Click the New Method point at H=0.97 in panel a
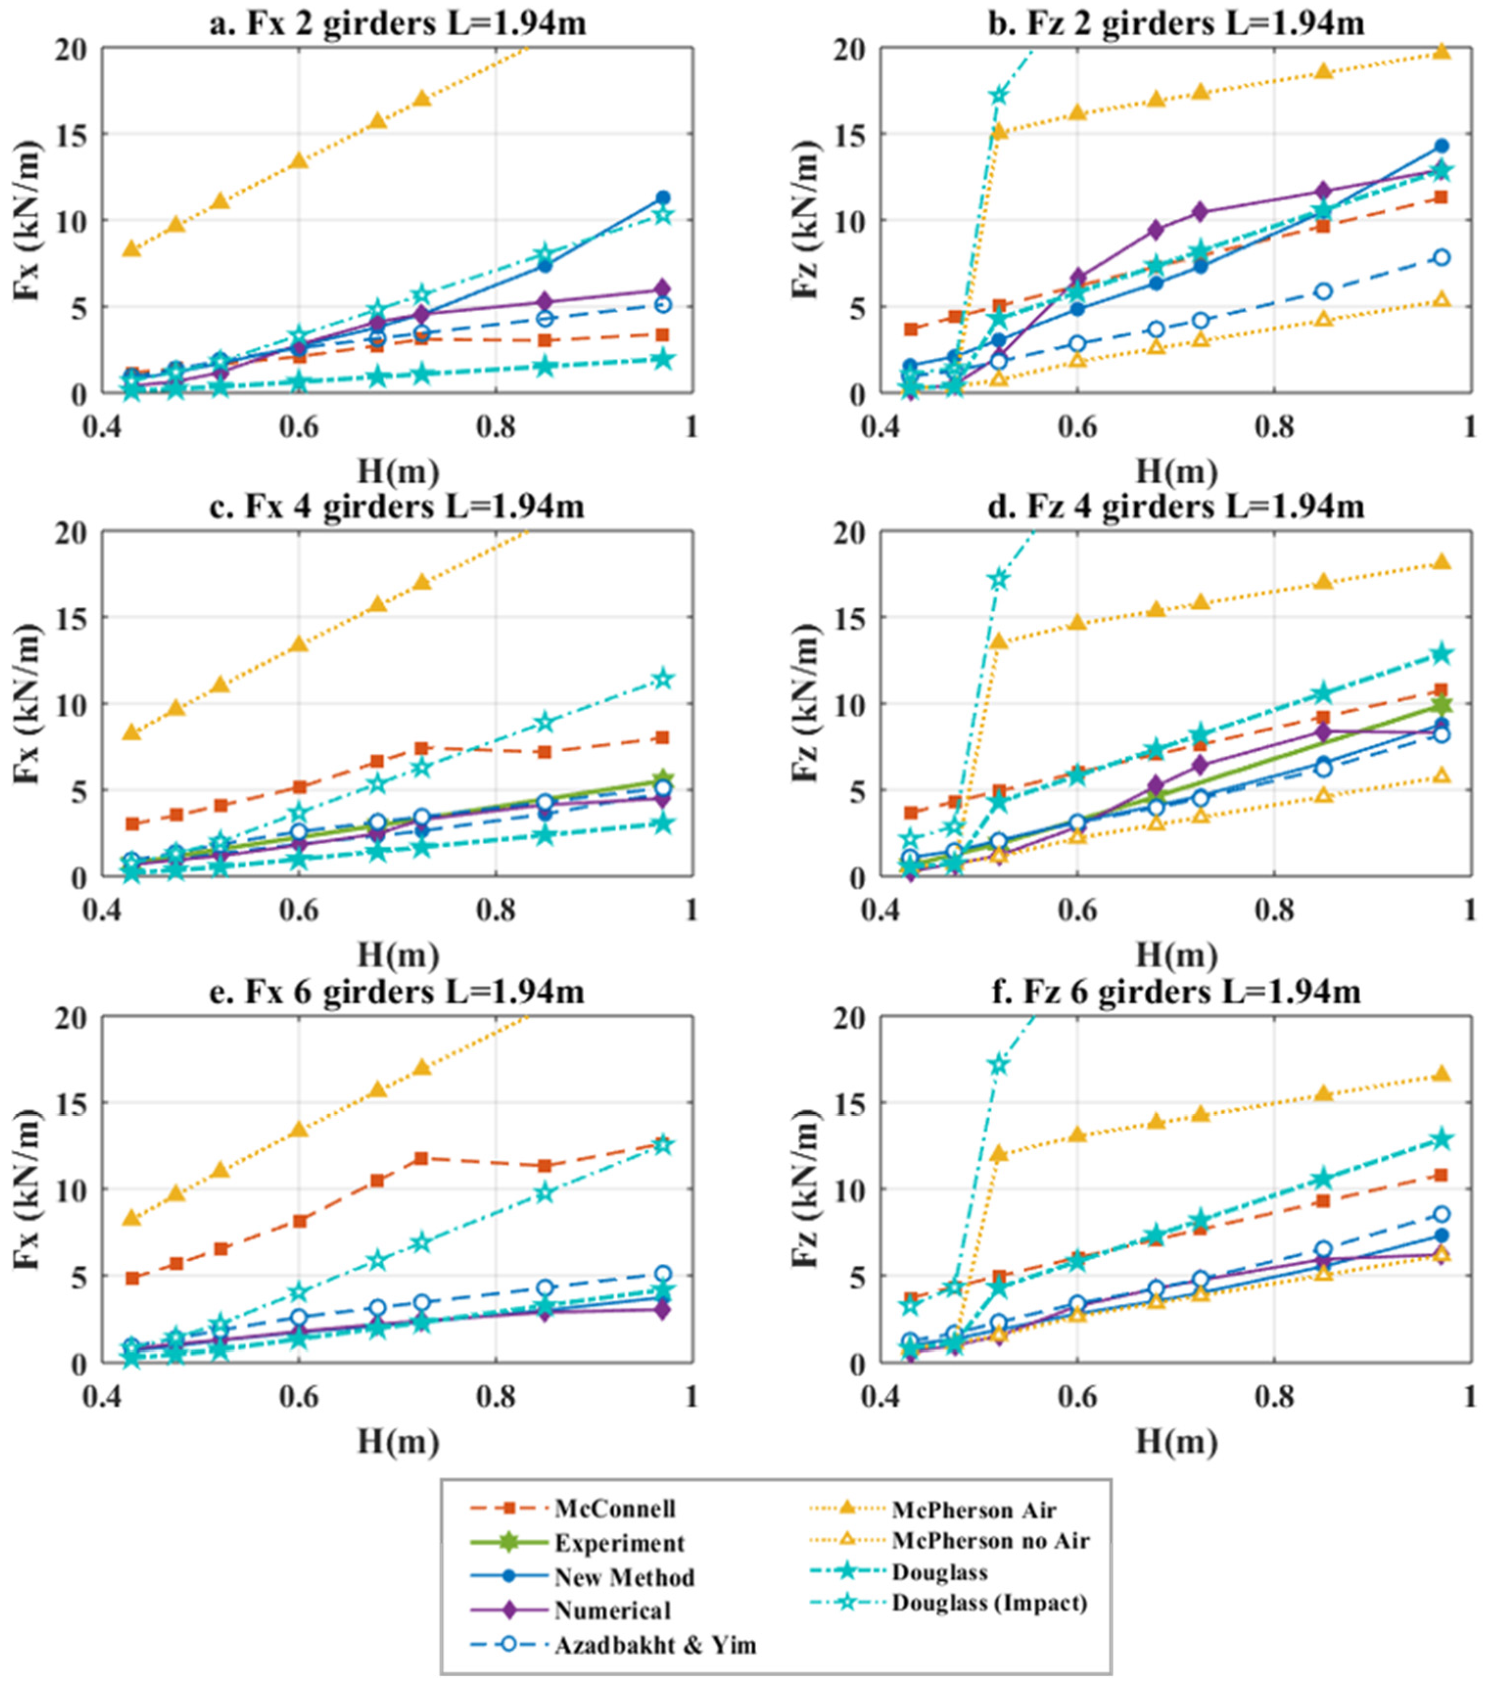coord(662,198)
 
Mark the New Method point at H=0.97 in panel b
coord(1441,146)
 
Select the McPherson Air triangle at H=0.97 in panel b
coord(1441,51)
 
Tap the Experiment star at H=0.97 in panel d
coord(1441,706)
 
